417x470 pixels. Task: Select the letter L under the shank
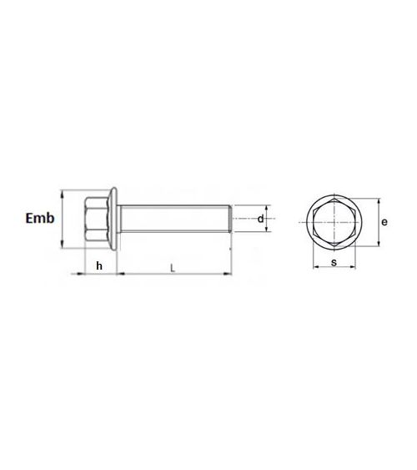172,267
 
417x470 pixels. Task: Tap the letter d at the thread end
260,219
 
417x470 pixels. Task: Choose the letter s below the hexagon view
334,263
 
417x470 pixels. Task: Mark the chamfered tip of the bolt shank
229,219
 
